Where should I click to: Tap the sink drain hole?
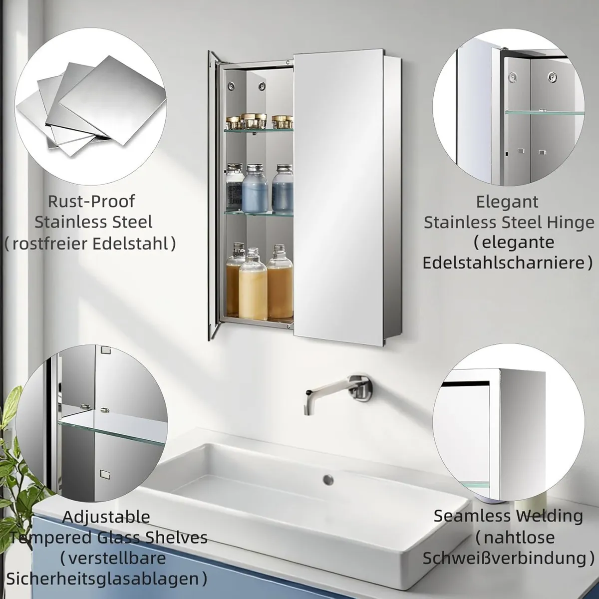328,479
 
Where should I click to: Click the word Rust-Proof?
91,202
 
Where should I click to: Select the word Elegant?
507,202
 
